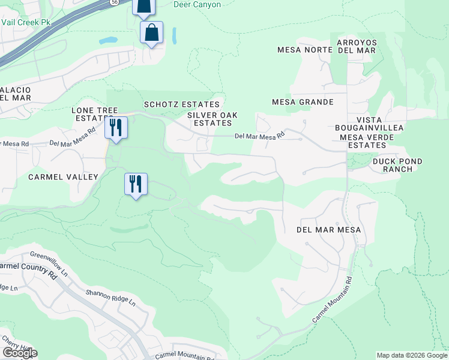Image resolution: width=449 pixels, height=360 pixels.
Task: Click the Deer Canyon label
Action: (x=197, y=5)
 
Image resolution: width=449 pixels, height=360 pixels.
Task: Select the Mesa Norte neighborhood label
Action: (x=305, y=50)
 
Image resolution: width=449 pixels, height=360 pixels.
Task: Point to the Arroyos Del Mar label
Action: (x=357, y=46)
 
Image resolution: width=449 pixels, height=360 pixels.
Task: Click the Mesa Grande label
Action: (x=303, y=102)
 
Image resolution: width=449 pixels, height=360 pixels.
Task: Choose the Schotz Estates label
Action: (x=181, y=104)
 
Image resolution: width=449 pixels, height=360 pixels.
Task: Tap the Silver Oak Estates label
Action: (x=212, y=119)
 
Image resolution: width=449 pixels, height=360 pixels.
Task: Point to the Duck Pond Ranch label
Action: (x=397, y=165)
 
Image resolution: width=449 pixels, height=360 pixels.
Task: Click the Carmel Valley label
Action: (x=63, y=177)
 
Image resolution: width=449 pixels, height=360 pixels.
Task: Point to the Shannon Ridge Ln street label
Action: (x=110, y=297)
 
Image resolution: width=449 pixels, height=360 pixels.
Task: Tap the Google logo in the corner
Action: (x=19, y=353)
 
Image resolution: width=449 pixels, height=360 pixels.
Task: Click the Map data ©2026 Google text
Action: (x=411, y=355)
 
